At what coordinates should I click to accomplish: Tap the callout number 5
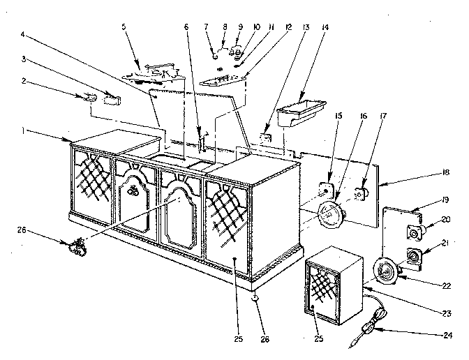click(x=124, y=27)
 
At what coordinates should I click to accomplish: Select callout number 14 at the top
click(x=325, y=27)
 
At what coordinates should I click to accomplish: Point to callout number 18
click(x=446, y=172)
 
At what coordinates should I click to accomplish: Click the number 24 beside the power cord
click(x=447, y=335)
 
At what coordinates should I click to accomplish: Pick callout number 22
click(x=446, y=286)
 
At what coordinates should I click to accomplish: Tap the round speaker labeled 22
click(x=386, y=271)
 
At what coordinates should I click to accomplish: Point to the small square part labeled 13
click(x=266, y=138)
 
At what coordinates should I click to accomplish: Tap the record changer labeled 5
click(x=153, y=73)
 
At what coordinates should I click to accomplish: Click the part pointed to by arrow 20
click(x=414, y=232)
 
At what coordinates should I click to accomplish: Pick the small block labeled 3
click(x=112, y=100)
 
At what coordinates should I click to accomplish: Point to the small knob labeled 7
click(x=215, y=56)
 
